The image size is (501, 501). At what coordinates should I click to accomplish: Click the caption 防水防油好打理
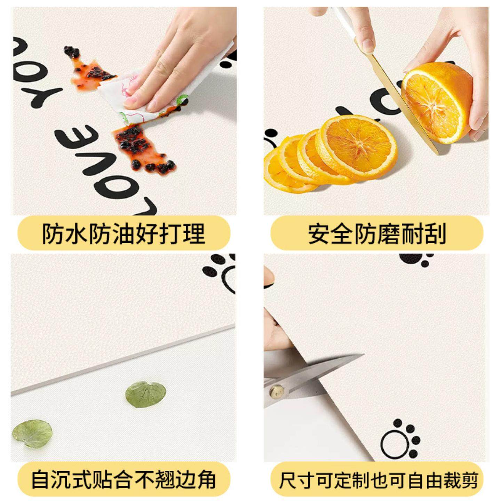(x=124, y=233)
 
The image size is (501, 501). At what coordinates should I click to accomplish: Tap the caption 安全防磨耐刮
(x=377, y=233)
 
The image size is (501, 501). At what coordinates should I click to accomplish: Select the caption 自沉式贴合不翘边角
(x=124, y=480)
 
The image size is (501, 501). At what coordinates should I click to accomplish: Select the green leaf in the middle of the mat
(x=146, y=395)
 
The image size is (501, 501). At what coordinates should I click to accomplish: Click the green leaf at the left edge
(x=32, y=433)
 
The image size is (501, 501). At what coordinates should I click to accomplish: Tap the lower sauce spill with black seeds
(x=143, y=150)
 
